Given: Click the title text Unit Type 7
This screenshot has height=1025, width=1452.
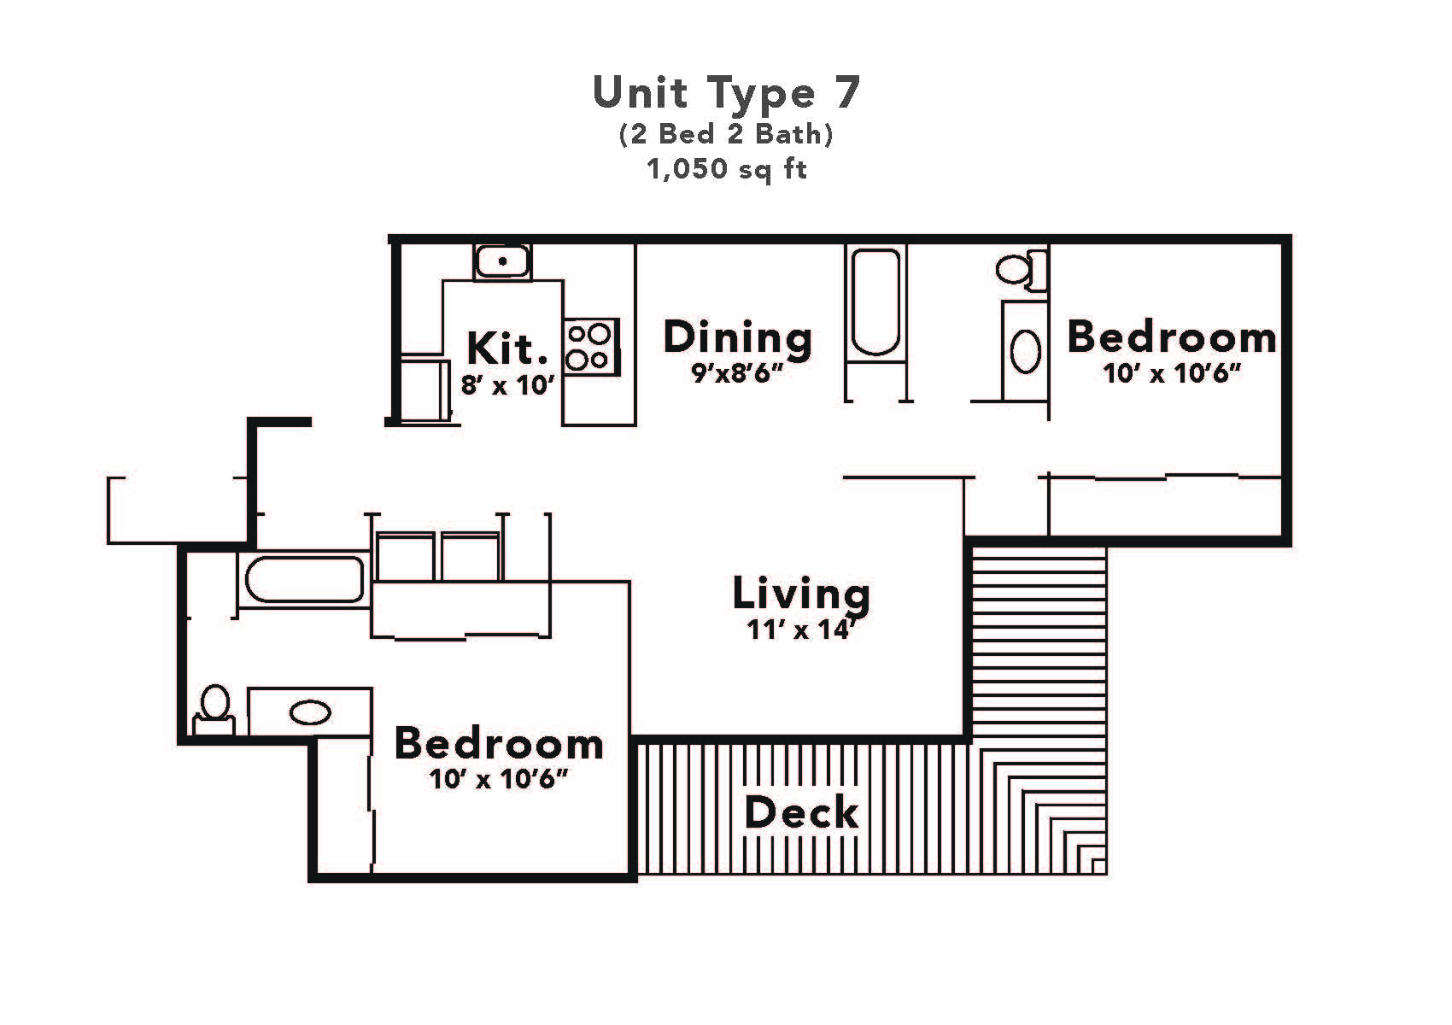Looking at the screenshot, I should (726, 93).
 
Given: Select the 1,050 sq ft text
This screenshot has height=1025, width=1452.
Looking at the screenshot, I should (726, 169).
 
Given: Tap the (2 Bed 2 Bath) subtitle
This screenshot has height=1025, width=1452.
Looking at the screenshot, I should (726, 134).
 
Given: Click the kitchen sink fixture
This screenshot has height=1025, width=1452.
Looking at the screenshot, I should (503, 261).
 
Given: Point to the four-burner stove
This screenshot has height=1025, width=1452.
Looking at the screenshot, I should (590, 348).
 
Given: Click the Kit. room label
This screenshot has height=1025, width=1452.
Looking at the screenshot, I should (507, 348).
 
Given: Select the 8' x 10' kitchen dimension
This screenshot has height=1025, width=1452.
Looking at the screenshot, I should (507, 385).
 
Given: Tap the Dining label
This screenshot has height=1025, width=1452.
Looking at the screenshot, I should (738, 337).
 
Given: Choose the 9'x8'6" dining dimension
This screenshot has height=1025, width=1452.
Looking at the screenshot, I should (738, 374).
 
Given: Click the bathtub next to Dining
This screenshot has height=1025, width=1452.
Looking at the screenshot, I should (875, 302).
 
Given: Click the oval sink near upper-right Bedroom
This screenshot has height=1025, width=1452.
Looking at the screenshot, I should (1026, 350).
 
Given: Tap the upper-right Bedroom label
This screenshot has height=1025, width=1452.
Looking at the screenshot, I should (1171, 337).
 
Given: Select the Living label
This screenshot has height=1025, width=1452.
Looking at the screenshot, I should (801, 594).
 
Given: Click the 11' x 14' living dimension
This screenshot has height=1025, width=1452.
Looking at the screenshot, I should (801, 630).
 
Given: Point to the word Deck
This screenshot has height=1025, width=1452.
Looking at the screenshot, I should (801, 812).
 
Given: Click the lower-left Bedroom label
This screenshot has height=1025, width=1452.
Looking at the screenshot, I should (499, 744).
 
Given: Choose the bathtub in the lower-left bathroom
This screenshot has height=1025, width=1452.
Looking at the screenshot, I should (305, 579).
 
